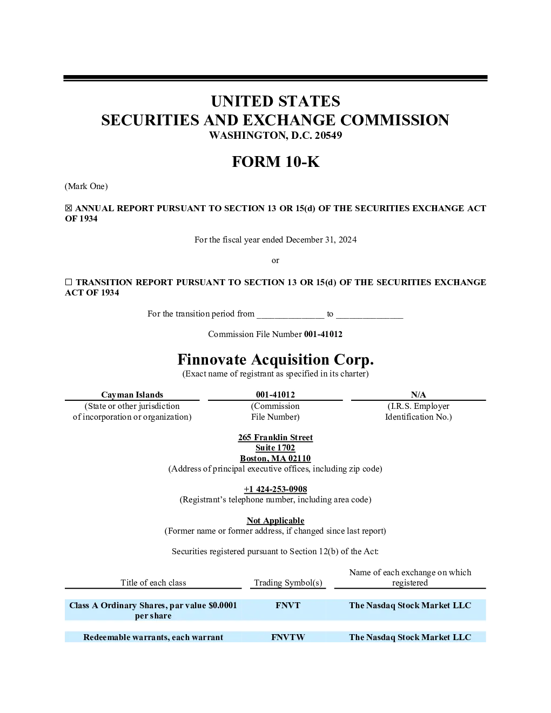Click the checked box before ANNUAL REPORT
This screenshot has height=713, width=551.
[x=68, y=208]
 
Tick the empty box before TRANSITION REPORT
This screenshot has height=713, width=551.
[x=68, y=282]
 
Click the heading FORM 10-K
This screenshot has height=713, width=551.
[x=275, y=162]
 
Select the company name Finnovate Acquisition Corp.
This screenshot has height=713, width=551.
[x=275, y=360]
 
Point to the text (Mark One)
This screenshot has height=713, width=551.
[x=86, y=186]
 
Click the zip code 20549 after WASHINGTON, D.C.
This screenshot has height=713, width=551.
[x=328, y=135]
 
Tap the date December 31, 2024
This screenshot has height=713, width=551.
[x=321, y=240]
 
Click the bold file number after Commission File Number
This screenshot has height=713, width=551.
[x=323, y=334]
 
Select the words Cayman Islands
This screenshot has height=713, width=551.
[x=132, y=394]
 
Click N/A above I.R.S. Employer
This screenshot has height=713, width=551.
[x=418, y=394]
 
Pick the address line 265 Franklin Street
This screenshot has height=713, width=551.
[x=275, y=438]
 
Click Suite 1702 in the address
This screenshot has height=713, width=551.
[x=275, y=448]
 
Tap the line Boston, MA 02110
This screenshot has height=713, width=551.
[x=275, y=459]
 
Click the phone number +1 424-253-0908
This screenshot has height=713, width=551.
[x=275, y=489]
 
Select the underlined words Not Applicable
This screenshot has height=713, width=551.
[x=275, y=521]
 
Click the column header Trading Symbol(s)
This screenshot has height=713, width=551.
[x=288, y=583]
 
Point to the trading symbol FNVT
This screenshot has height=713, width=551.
[x=288, y=606]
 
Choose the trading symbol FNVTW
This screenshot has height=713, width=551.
[x=288, y=637]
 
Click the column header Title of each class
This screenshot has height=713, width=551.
[x=153, y=583]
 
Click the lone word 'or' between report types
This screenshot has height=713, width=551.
[x=275, y=260]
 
